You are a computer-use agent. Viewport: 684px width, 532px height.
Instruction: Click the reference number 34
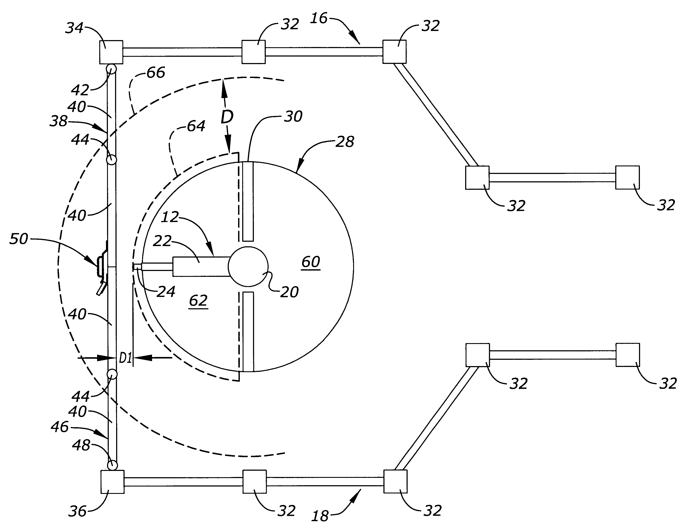point(75,28)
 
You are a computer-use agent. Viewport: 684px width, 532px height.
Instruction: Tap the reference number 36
point(77,511)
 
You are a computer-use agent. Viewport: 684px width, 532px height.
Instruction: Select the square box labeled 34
point(111,52)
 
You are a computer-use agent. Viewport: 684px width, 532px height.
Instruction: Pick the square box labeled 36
point(112,482)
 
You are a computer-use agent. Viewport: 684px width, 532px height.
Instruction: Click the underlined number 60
point(311,262)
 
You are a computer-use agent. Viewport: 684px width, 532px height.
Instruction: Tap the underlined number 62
point(199,301)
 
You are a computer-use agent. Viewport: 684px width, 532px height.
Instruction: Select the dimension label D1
point(126,358)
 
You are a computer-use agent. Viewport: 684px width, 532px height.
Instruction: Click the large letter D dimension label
point(227,117)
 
